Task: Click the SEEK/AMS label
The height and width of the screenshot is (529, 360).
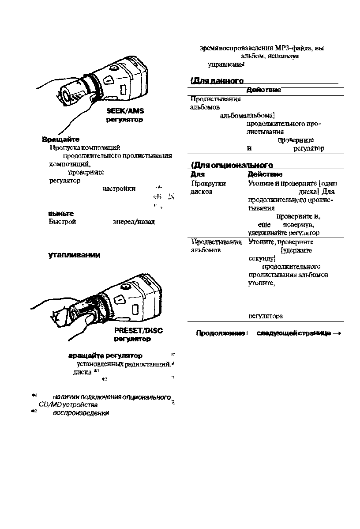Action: (126, 112)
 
